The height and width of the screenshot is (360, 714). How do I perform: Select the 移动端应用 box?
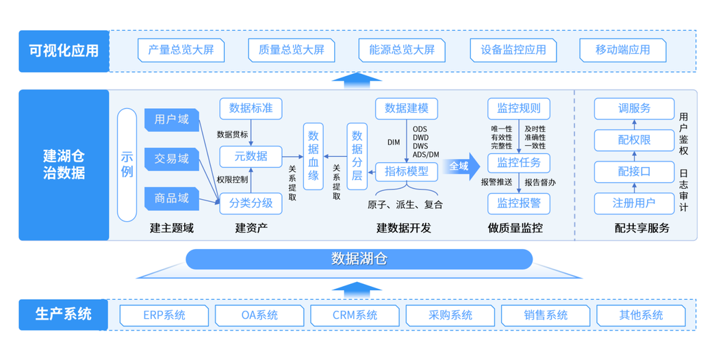(x=622, y=50)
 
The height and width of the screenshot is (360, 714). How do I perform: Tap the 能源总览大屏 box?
(x=402, y=50)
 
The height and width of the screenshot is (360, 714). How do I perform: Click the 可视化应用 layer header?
(x=64, y=51)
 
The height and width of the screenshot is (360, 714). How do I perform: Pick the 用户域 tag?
(x=171, y=120)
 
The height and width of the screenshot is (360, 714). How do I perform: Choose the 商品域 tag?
(x=171, y=198)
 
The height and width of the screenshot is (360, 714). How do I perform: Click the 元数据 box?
(x=251, y=156)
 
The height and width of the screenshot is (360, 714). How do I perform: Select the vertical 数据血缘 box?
(x=314, y=156)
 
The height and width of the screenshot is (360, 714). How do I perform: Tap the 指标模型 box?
(x=406, y=171)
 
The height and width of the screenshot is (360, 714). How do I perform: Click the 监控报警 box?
(x=518, y=203)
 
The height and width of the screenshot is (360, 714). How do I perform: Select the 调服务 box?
(x=634, y=108)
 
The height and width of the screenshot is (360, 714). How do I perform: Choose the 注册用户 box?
(x=634, y=203)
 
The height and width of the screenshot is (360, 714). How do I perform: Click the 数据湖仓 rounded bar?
(x=359, y=259)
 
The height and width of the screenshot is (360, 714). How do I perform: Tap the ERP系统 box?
(x=164, y=316)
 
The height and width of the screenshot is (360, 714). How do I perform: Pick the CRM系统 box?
(x=355, y=316)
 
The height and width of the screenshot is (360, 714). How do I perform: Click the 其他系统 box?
(x=641, y=316)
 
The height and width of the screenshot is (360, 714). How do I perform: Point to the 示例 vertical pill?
(x=127, y=164)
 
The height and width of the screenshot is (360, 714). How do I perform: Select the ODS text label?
(x=420, y=128)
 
